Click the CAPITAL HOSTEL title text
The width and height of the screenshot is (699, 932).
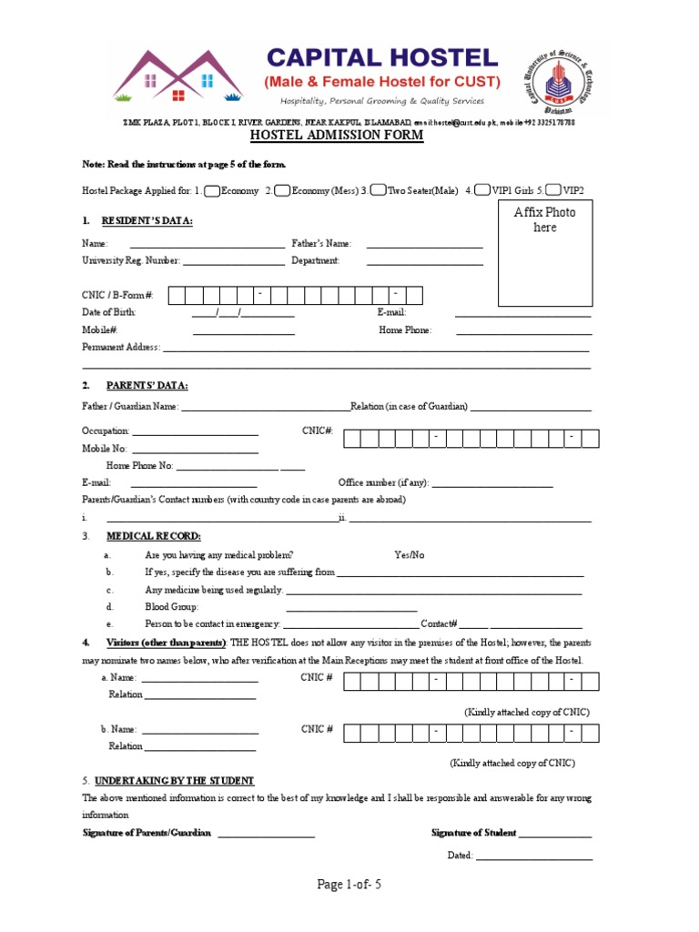[x=381, y=58]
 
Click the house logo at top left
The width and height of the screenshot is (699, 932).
[x=179, y=75]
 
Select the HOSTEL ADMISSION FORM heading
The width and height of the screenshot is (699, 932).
[x=337, y=136]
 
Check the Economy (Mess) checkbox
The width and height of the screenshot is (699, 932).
[x=282, y=191]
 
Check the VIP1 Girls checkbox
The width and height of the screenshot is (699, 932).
[x=482, y=191]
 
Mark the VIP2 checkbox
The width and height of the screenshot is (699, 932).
[x=553, y=191]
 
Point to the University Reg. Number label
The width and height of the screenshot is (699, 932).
[x=130, y=261]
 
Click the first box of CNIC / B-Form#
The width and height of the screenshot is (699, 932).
[x=176, y=295]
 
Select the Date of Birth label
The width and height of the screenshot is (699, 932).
[x=108, y=312]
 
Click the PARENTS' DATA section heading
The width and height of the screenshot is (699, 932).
[x=147, y=385]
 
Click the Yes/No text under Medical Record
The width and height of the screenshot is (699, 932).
[x=409, y=554]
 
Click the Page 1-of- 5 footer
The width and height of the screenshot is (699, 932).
[x=349, y=885]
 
